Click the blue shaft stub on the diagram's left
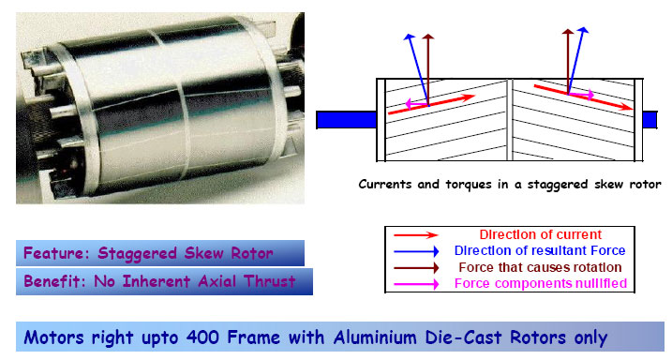pyautogui.click(x=346, y=119)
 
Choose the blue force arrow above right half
pyautogui.click(x=581, y=61)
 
